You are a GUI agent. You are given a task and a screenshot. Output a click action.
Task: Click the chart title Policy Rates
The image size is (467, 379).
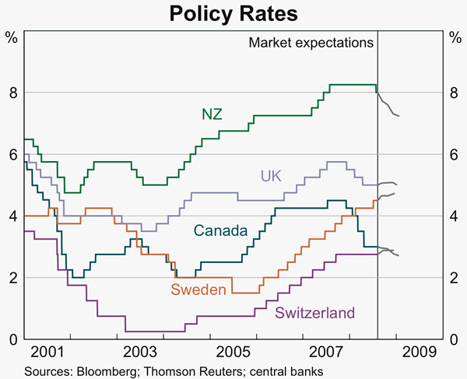[x=233, y=13]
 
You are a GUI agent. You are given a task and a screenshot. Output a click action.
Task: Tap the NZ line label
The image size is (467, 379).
[x=212, y=114]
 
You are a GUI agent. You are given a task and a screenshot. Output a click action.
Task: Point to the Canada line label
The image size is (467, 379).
[x=220, y=231]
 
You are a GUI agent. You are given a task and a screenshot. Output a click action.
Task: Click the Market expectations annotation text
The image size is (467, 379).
[x=311, y=43]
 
